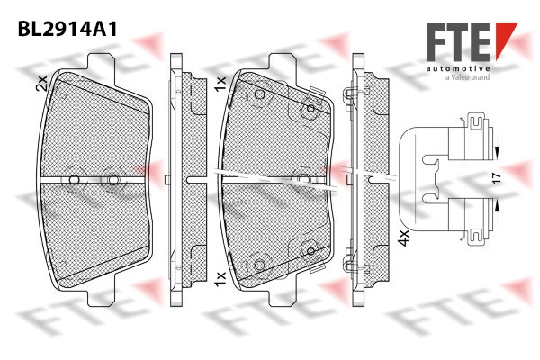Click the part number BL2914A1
click(x=67, y=29)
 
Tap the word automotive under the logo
click(x=458, y=69)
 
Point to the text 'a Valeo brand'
click(x=467, y=77)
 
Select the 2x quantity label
click(x=41, y=83)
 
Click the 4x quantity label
click(x=403, y=238)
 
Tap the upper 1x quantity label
click(x=220, y=84)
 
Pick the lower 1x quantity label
click(x=220, y=278)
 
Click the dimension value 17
click(x=497, y=178)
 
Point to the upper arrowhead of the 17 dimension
click(x=496, y=151)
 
